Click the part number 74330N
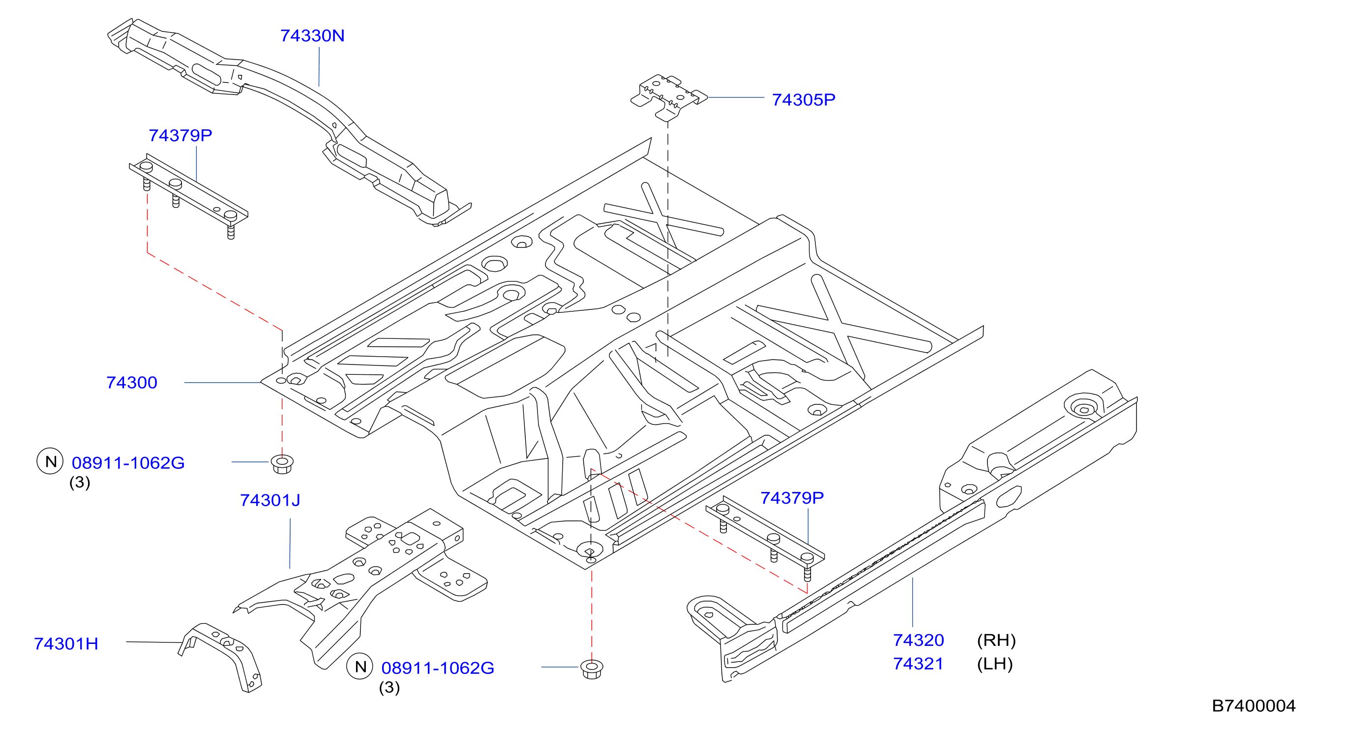tap(312, 35)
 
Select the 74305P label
tap(804, 99)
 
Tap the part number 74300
tap(132, 383)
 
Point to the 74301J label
tap(270, 500)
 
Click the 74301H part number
tap(66, 643)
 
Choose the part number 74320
tap(918, 640)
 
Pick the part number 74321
tap(918, 664)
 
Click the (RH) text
tap(996, 640)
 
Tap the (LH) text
tap(995, 664)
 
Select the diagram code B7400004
tap(1254, 706)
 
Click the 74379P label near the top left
tap(180, 136)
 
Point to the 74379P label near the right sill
tap(792, 498)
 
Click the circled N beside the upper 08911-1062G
tap(50, 461)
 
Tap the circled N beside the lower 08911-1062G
tap(360, 667)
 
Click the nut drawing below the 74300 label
tap(282, 464)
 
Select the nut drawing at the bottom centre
tap(592, 669)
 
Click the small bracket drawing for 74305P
tap(669, 97)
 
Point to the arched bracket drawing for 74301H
tap(220, 657)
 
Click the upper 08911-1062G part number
tap(128, 462)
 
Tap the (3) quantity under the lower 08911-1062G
tap(389, 687)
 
